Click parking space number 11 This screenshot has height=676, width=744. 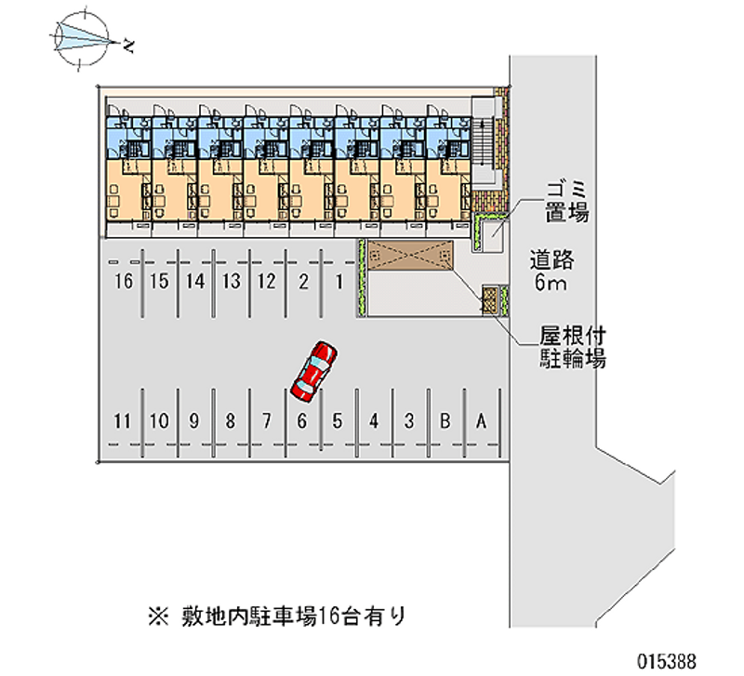[120, 421]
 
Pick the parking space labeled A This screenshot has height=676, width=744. [481, 421]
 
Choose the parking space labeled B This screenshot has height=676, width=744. [445, 421]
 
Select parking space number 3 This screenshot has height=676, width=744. [409, 421]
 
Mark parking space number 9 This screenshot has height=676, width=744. [194, 421]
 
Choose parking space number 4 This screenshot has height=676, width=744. [373, 421]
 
